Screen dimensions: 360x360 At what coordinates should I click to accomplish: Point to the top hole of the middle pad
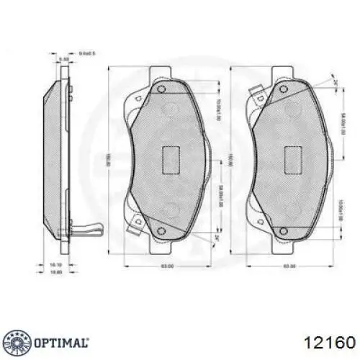click(163, 90)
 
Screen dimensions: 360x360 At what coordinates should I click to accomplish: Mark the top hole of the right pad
click(286, 90)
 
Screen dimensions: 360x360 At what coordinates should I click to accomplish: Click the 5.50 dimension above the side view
click(63, 58)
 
